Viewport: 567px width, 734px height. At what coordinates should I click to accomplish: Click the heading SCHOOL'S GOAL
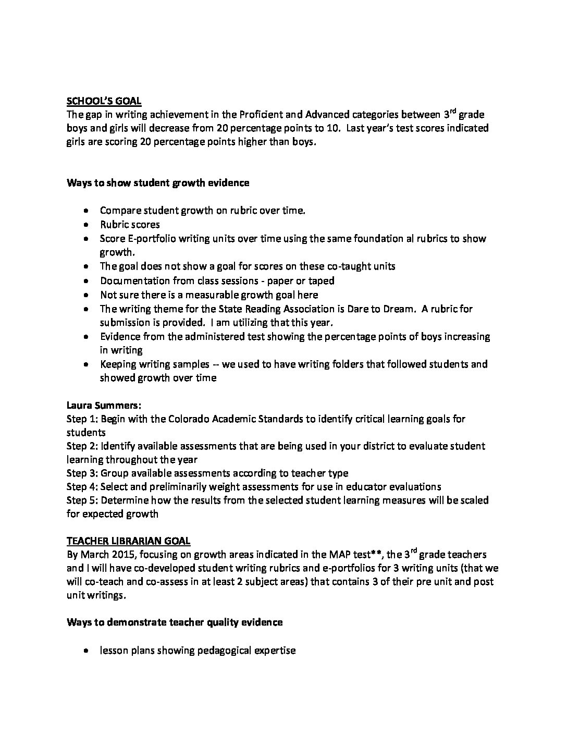pos(104,101)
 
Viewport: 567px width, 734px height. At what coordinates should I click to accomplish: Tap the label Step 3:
pos(82,473)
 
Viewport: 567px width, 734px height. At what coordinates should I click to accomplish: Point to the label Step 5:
pos(82,500)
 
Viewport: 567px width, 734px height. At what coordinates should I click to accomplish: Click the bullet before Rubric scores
pos(86,225)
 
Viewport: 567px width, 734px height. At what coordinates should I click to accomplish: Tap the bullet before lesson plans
pos(86,651)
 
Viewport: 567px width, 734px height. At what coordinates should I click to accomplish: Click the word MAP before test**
pos(342,555)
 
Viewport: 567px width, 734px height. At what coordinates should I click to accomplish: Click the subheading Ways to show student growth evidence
pos(158,182)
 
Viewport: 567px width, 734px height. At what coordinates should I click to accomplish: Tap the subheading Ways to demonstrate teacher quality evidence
pos(175,622)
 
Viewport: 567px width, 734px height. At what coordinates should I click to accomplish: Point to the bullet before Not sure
pos(86,295)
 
